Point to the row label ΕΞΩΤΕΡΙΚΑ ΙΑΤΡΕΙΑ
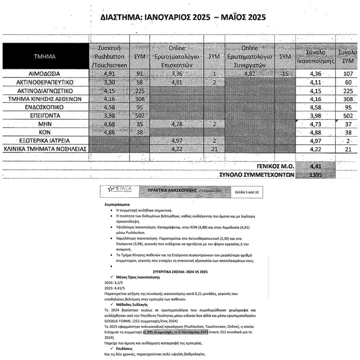click(x=45, y=140)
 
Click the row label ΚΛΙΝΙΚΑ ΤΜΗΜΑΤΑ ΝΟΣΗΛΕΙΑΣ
click(x=45, y=149)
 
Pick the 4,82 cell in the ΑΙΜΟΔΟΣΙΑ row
click(x=250, y=74)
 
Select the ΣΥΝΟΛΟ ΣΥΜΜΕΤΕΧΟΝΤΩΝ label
click(x=256, y=175)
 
